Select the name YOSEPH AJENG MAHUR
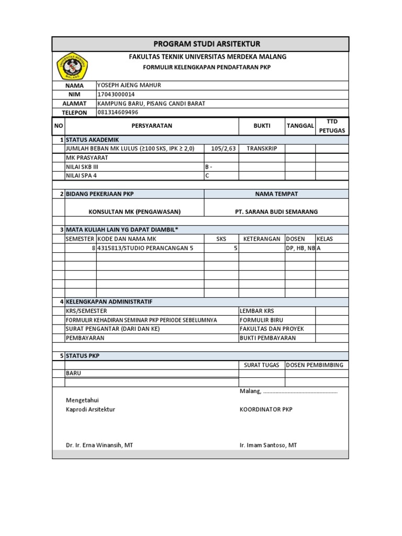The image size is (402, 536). [129, 85]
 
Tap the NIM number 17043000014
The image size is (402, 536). [116, 94]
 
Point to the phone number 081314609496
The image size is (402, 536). [118, 112]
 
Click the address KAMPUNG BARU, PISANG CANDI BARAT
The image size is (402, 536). [151, 103]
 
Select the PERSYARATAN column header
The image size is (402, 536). [152, 126]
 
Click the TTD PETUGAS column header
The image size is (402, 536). [332, 126]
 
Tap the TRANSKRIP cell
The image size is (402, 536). [262, 148]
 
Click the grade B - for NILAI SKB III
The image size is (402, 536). [208, 166]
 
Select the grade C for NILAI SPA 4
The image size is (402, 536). [207, 175]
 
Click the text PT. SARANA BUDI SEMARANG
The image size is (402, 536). [276, 211]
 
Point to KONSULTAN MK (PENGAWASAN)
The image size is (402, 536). [135, 211]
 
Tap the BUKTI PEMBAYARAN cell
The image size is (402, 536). [267, 338]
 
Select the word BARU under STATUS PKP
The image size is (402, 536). [73, 373]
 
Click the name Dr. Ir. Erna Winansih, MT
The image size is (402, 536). [99, 445]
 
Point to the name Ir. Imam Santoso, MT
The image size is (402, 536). [268, 445]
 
